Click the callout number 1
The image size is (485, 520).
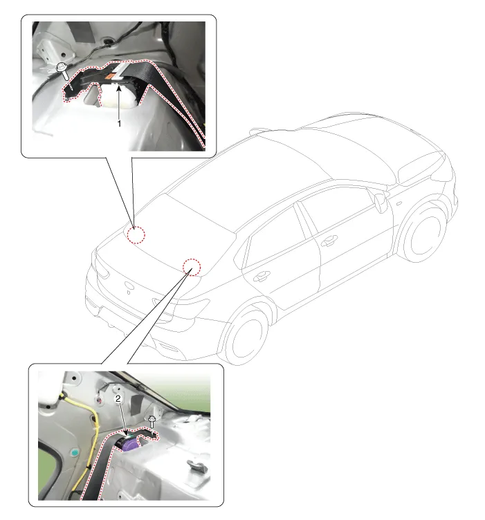click(x=119, y=123)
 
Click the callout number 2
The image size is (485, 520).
click(x=118, y=398)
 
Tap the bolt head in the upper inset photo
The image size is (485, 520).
click(x=62, y=67)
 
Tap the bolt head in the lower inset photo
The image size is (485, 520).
click(x=152, y=419)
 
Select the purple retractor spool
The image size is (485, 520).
click(x=130, y=443)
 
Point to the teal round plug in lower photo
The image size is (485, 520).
click(x=75, y=452)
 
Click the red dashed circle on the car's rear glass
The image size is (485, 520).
click(x=136, y=234)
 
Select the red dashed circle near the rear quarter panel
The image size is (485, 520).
click(x=192, y=267)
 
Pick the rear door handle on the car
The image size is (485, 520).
click(x=262, y=276)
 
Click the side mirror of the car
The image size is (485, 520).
click(x=381, y=202)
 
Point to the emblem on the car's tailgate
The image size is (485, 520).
click(x=128, y=285)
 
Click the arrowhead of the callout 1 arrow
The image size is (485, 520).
click(x=119, y=87)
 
